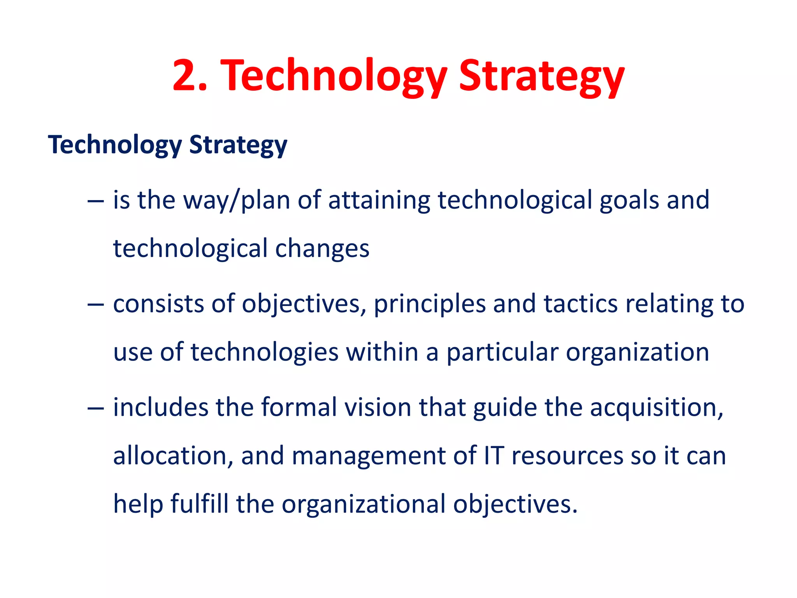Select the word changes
point(322,249)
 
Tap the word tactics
point(580,304)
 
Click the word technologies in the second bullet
point(264,353)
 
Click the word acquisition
point(656,408)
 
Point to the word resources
point(567,456)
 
